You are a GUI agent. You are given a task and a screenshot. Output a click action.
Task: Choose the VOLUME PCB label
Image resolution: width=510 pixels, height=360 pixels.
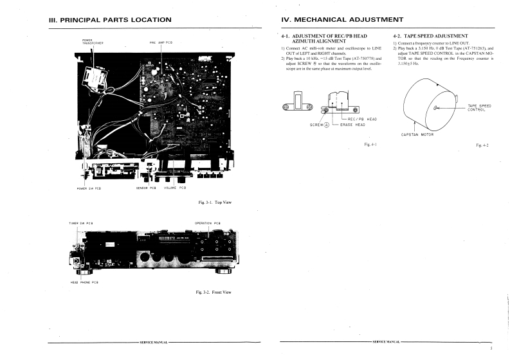tap(175, 188)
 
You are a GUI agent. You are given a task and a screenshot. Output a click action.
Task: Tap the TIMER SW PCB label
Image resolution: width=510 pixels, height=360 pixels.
tap(81, 223)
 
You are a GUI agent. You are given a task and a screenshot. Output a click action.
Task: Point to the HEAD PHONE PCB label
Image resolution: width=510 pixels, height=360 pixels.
tap(84, 282)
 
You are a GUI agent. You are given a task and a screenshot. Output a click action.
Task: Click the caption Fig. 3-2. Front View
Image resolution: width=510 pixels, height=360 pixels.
tap(212, 292)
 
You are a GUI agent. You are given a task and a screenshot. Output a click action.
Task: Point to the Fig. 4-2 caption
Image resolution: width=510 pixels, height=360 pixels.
tap(482, 145)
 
